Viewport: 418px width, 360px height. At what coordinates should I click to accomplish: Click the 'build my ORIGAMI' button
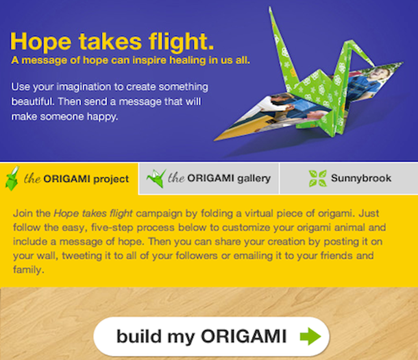point(212,337)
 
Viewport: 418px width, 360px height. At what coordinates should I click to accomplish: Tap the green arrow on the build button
point(310,336)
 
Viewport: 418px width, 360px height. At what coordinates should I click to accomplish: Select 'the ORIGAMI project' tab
point(69,178)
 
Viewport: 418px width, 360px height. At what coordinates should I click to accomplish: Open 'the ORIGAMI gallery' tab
point(209,178)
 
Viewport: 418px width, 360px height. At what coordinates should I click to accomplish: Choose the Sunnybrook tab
point(349,178)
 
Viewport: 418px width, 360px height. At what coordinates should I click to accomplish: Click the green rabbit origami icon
point(12,178)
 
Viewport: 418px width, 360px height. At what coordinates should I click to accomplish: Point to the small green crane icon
point(156,178)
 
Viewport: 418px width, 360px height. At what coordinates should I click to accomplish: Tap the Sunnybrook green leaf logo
point(317,178)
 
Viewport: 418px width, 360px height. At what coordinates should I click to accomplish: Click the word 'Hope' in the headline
point(41,42)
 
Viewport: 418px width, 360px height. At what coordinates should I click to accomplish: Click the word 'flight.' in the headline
point(182,41)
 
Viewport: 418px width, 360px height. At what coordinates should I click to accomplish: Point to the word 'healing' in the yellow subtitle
point(188,60)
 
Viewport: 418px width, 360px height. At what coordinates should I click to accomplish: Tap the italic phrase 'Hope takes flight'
point(93,214)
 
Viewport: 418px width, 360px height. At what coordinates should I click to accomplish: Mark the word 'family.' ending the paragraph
point(29,269)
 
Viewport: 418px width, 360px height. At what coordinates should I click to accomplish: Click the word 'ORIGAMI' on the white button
point(244,336)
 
